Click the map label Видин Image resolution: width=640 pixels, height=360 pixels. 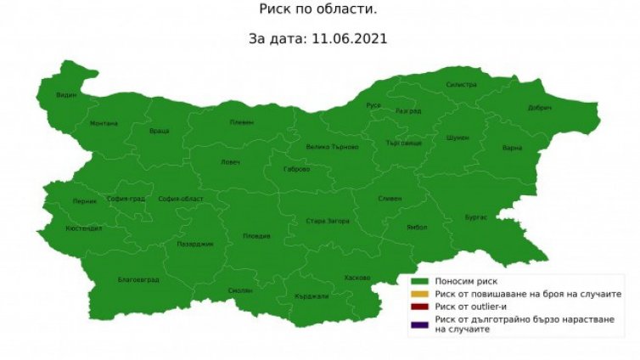pyautogui.click(x=66, y=94)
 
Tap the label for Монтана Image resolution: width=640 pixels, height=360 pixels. pyautogui.click(x=104, y=123)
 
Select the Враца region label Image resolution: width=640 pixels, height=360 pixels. pyautogui.click(x=159, y=131)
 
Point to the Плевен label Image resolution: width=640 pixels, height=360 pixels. pyautogui.click(x=241, y=122)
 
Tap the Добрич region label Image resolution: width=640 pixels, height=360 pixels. pyautogui.click(x=539, y=109)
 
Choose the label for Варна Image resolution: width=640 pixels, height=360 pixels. pyautogui.click(x=512, y=148)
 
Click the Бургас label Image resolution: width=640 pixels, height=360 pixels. pyautogui.click(x=475, y=217)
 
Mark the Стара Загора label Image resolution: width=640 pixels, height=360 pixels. pyautogui.click(x=328, y=221)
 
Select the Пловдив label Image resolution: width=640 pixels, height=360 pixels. pyautogui.click(x=256, y=235)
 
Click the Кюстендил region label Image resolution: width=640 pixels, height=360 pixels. pyautogui.click(x=83, y=229)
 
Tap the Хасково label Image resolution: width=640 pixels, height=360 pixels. pyautogui.click(x=357, y=278)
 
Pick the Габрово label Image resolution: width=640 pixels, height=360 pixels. pyautogui.click(x=296, y=169)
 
